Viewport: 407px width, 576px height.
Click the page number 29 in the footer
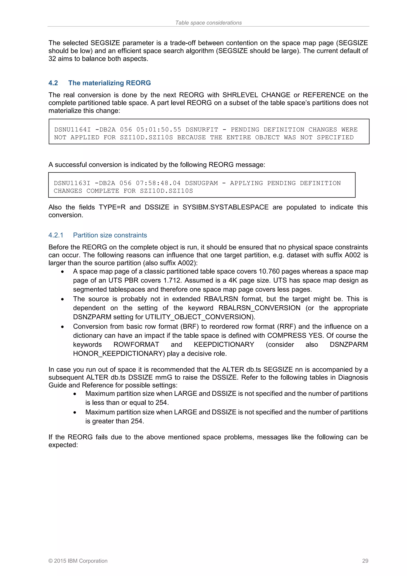tap(365, 561)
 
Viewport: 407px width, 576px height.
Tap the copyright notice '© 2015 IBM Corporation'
tap(78, 561)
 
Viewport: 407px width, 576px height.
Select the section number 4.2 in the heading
tap(53, 83)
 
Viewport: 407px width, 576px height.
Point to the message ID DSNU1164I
tap(73, 129)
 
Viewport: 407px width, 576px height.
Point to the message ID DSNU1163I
tap(72, 183)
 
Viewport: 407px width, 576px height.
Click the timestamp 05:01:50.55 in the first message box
tap(158, 129)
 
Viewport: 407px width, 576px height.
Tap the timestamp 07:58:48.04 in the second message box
tap(158, 183)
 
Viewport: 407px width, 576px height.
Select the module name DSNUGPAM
tap(201, 183)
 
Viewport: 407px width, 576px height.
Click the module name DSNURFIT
tap(202, 129)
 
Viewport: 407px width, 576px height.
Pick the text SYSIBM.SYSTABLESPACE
tap(225, 207)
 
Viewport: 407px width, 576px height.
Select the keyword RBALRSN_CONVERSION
tap(259, 308)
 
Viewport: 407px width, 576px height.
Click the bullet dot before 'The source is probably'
tap(62, 299)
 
